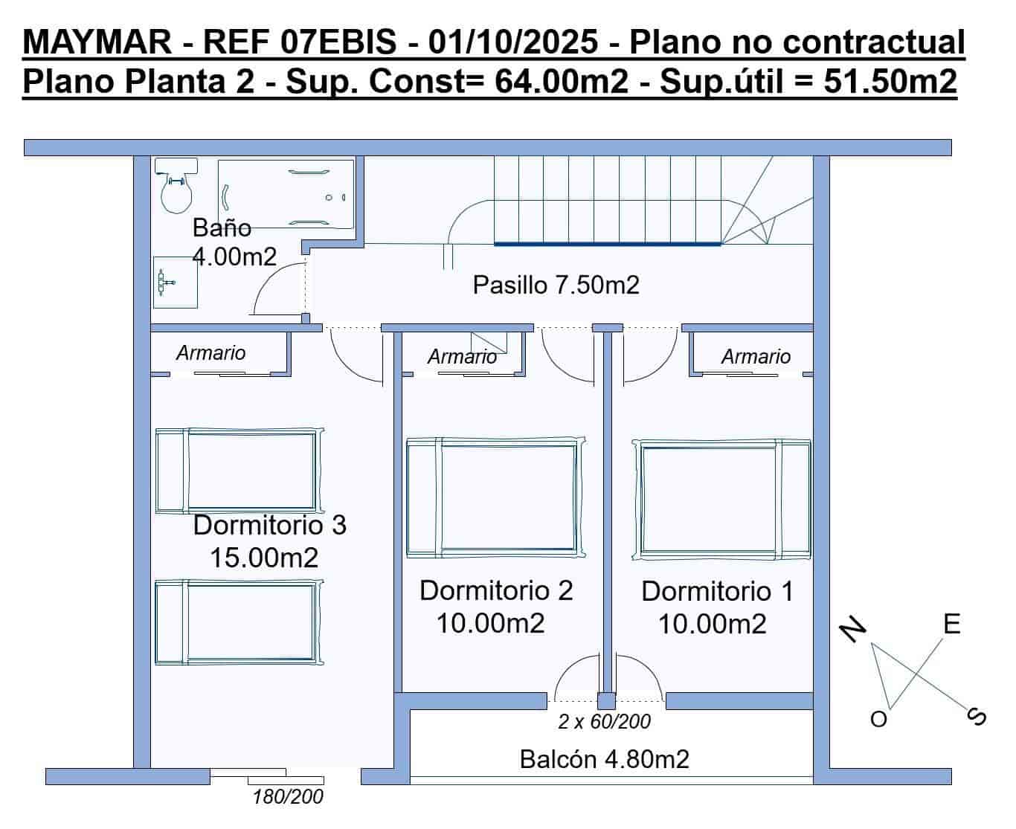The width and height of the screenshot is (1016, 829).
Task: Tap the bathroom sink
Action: tap(176, 283)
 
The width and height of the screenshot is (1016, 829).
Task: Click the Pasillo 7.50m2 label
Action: tap(556, 285)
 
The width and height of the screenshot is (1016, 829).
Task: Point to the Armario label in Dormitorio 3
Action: tap(210, 352)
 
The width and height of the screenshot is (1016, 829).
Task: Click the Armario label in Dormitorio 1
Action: tap(756, 357)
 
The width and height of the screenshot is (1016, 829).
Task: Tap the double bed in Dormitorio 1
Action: tap(721, 498)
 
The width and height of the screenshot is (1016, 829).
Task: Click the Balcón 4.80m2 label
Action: tap(604, 759)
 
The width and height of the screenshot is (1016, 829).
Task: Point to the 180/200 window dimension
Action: tap(288, 797)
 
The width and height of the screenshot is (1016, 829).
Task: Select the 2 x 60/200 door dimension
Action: tap(604, 720)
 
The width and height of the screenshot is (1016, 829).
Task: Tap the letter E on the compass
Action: tap(951, 624)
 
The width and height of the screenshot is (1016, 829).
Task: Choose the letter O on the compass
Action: tap(878, 719)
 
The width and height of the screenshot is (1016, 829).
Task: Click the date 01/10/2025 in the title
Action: tap(513, 42)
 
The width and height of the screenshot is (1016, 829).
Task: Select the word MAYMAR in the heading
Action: tap(97, 42)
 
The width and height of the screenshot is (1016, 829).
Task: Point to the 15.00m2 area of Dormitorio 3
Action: tap(264, 557)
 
